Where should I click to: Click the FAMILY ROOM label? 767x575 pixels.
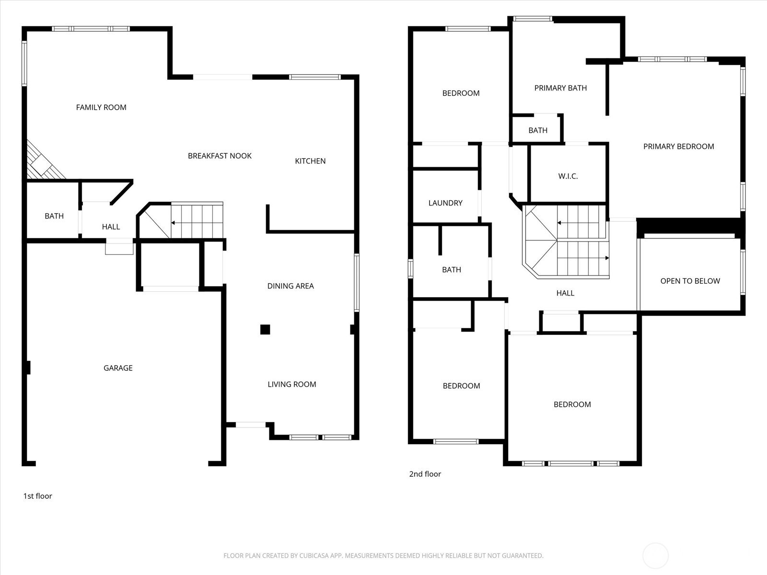point(101,107)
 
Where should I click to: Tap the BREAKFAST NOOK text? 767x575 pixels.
point(220,156)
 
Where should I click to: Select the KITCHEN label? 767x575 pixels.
point(310,161)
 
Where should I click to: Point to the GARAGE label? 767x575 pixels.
point(118,368)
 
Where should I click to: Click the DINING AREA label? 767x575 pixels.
point(291,286)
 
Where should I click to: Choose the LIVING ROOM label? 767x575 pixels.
point(292,384)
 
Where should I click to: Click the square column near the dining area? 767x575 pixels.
point(265,330)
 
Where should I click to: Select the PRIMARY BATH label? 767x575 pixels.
point(560,88)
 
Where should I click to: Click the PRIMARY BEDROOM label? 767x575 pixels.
point(679,147)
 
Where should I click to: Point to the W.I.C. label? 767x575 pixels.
point(568,176)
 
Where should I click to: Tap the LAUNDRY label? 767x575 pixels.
point(445,203)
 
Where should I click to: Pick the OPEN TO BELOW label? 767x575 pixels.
point(690,281)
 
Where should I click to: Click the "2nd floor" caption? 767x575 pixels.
point(425,474)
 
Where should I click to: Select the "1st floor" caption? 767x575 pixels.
point(38,496)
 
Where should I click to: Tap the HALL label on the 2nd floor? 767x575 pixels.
point(565,293)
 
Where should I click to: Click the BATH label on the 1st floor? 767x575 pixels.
point(54,216)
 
